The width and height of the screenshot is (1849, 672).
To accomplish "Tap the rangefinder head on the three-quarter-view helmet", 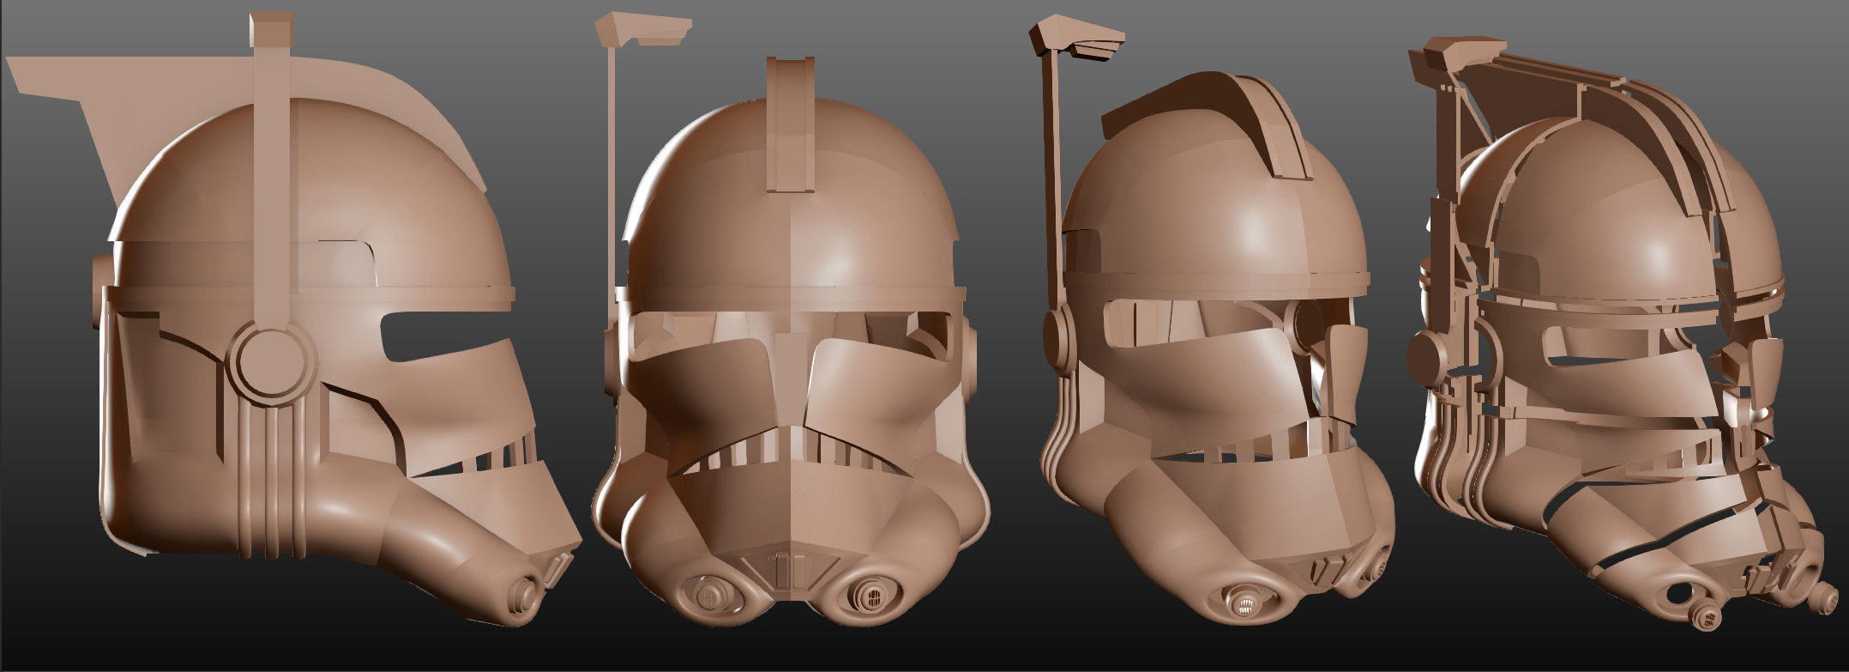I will pos(1076,42).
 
